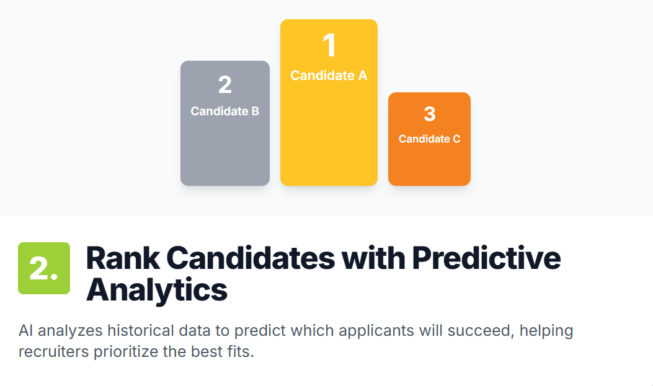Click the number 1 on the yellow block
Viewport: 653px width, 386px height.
tap(329, 45)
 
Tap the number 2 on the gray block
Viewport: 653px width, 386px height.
tap(225, 85)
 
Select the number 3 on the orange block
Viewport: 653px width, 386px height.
tap(429, 114)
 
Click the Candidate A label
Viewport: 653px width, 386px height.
tap(329, 76)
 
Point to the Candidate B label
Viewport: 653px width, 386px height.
tap(225, 111)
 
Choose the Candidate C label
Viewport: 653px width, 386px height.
tap(429, 139)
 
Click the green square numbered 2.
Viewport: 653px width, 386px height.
tap(44, 268)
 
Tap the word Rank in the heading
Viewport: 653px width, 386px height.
tap(123, 258)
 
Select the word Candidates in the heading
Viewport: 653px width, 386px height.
tap(251, 258)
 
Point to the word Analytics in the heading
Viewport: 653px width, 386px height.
tap(157, 290)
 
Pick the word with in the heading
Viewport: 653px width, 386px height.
tap(373, 258)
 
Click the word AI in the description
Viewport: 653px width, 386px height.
tap(26, 331)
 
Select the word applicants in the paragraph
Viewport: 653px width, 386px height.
tap(376, 331)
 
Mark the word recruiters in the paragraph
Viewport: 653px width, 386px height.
tap(54, 352)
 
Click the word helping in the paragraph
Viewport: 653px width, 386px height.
tap(546, 331)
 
